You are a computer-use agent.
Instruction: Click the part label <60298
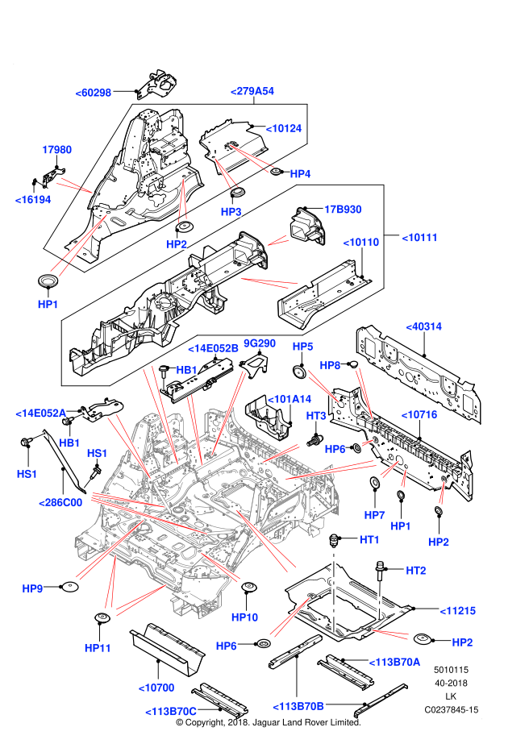point(93,93)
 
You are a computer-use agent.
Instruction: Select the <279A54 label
point(252,91)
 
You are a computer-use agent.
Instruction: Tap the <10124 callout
point(284,128)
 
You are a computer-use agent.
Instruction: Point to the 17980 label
point(57,150)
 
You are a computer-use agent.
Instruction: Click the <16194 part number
point(33,200)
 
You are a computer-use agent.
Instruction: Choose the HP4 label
point(300,174)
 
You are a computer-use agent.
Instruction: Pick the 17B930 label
point(343,210)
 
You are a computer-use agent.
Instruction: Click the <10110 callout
point(361,243)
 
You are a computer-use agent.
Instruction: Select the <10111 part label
point(420,238)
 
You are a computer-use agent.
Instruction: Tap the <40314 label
point(424,326)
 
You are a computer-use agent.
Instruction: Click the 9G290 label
point(260,343)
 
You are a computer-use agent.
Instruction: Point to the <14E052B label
point(214,348)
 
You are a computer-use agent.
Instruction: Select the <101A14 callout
point(289,399)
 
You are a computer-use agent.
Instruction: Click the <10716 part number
point(419,415)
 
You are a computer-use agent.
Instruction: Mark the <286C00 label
point(61,503)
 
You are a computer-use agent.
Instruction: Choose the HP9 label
point(32,589)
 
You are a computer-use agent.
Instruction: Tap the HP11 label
point(98,648)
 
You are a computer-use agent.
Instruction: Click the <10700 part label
point(156,688)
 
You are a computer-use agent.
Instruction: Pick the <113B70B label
point(298,707)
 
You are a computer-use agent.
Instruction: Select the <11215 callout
point(458,611)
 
